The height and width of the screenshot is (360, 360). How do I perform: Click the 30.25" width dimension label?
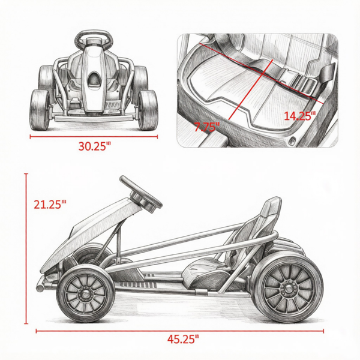[94, 146]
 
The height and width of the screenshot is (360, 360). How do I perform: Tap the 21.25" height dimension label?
[50, 205]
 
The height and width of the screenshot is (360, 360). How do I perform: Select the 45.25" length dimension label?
[183, 339]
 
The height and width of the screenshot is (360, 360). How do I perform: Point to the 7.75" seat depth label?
[207, 127]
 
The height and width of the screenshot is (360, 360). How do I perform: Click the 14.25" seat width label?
[300, 116]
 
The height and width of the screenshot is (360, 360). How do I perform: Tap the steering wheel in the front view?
[94, 38]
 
